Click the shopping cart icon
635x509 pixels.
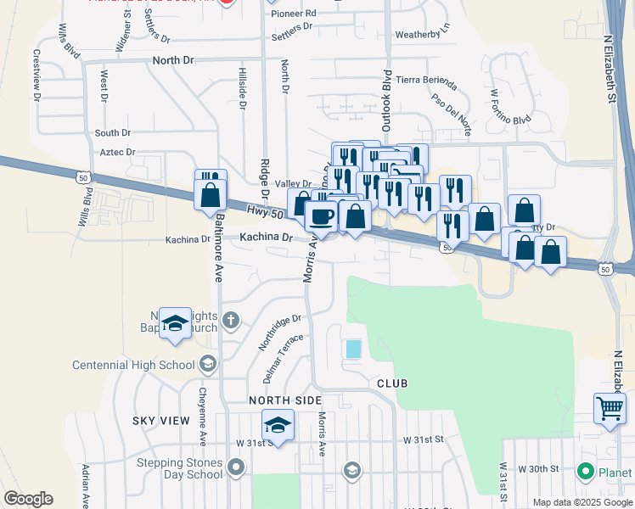tap(610, 409)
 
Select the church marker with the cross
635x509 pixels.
tap(232, 321)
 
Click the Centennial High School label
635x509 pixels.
tap(133, 365)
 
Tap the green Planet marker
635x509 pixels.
tap(585, 471)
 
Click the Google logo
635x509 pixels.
tap(28, 499)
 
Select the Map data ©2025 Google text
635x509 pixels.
tap(582, 502)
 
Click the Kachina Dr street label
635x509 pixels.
tap(266, 238)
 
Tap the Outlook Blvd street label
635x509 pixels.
tap(386, 100)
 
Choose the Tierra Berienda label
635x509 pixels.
tap(426, 81)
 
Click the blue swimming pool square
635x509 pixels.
tap(353, 348)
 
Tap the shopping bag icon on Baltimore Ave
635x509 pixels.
tap(210, 194)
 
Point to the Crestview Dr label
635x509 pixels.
tap(37, 75)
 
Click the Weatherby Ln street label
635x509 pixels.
tap(423, 35)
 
